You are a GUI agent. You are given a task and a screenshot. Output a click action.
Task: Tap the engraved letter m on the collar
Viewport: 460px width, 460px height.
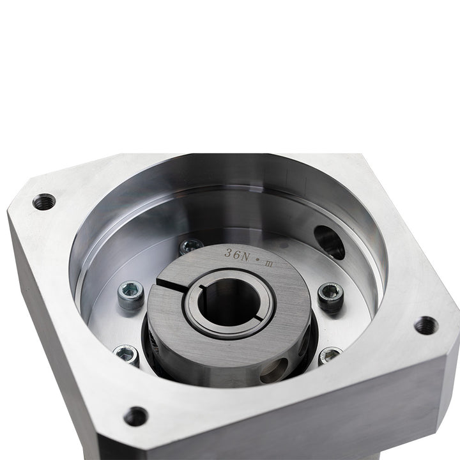click(269, 264)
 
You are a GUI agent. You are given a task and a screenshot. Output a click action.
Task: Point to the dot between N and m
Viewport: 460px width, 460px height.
click(258, 260)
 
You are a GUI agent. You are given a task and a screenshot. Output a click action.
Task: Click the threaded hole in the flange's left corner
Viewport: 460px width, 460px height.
click(44, 201)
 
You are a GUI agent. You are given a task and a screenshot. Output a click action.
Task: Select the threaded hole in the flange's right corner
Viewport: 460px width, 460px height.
click(426, 326)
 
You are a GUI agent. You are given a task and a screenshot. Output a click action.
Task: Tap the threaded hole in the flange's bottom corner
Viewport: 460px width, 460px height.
click(135, 417)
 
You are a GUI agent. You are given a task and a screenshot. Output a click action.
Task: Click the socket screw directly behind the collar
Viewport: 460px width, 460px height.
click(191, 246)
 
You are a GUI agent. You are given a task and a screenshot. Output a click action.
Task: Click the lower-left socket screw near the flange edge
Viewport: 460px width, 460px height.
click(126, 354)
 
